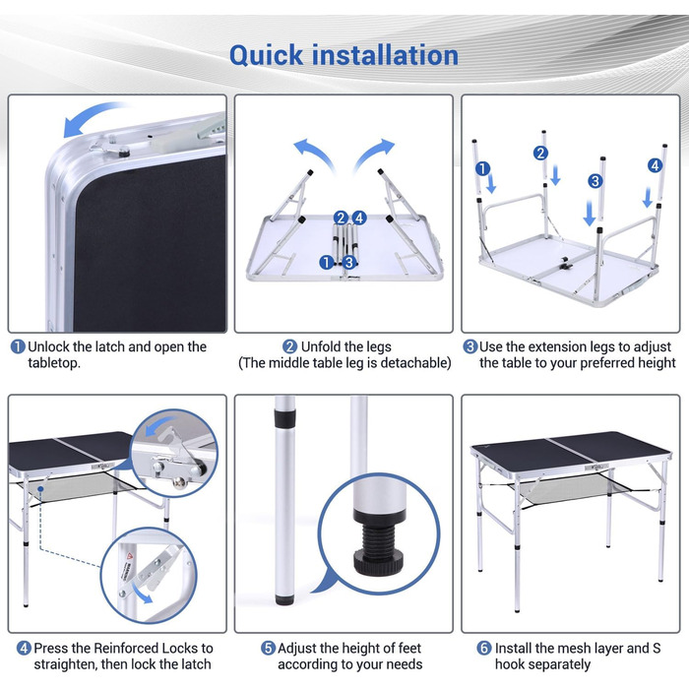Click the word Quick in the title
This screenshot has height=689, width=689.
pos(267,56)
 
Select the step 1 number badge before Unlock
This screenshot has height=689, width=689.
pos(18,346)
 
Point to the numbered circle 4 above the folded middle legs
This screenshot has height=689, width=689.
pos(359,218)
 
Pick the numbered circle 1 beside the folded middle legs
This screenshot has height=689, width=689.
pos(326,263)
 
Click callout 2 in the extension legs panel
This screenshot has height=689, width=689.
pos(540,153)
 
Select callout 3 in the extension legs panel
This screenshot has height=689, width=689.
pos(595,181)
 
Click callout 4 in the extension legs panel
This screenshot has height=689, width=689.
pos(655,165)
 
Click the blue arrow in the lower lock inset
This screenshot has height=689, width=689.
pos(143,593)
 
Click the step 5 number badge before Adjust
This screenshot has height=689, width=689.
pos(268,648)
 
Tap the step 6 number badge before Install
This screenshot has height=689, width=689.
pos(484,648)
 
